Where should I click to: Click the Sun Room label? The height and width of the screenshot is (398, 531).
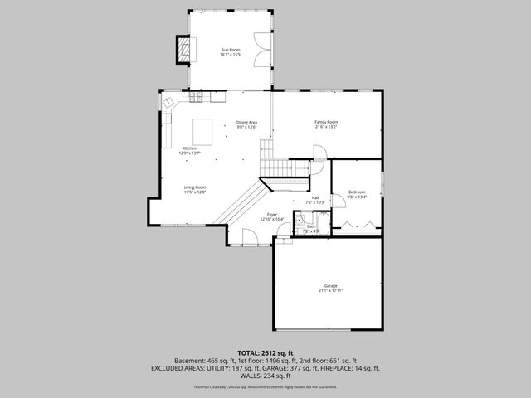(x=230, y=50)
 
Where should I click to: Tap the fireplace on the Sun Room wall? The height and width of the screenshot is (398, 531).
(x=182, y=51)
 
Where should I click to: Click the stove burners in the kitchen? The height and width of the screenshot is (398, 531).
(x=197, y=97)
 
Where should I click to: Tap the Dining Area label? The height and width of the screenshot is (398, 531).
(x=246, y=123)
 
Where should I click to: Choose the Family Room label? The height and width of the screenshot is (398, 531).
(x=326, y=122)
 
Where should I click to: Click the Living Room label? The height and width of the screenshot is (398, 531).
(x=195, y=187)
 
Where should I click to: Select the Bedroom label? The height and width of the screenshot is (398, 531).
(x=357, y=192)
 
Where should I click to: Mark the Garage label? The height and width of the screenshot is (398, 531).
(x=331, y=285)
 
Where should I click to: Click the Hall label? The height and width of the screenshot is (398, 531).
(x=315, y=197)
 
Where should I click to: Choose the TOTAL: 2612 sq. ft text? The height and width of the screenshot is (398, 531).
(x=265, y=352)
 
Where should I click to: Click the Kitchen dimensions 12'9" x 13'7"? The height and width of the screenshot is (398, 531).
(x=189, y=153)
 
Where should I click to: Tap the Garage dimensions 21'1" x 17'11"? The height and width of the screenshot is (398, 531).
(x=331, y=290)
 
